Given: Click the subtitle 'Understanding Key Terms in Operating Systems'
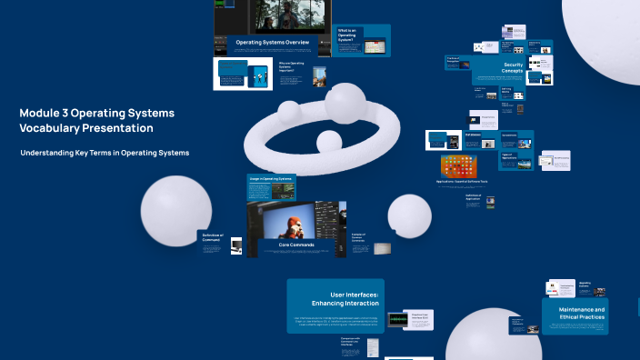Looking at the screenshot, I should (105, 153).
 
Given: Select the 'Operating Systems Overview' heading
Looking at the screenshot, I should (272, 43).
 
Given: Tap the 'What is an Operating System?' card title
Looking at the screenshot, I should (350, 35).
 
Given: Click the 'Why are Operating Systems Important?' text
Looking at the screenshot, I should (292, 67).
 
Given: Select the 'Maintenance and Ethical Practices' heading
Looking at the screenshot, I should (575, 314).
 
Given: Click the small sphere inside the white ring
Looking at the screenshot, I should (327, 142).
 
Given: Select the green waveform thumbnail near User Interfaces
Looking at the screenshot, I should (397, 319).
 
